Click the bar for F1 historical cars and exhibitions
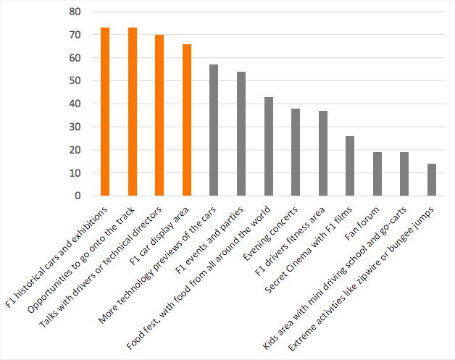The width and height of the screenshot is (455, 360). click(x=105, y=112)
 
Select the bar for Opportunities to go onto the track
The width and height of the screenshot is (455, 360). click(x=133, y=112)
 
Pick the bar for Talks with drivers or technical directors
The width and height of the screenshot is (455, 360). click(x=159, y=115)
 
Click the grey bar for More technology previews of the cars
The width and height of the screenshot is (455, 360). click(x=214, y=130)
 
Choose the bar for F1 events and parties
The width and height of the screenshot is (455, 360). click(x=241, y=134)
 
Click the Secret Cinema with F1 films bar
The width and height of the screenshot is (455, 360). click(x=350, y=166)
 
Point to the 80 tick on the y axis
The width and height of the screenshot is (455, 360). click(x=75, y=12)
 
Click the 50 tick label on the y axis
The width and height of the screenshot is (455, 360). click(x=75, y=81)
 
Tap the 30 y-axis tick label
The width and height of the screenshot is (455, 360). click(x=75, y=127)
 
